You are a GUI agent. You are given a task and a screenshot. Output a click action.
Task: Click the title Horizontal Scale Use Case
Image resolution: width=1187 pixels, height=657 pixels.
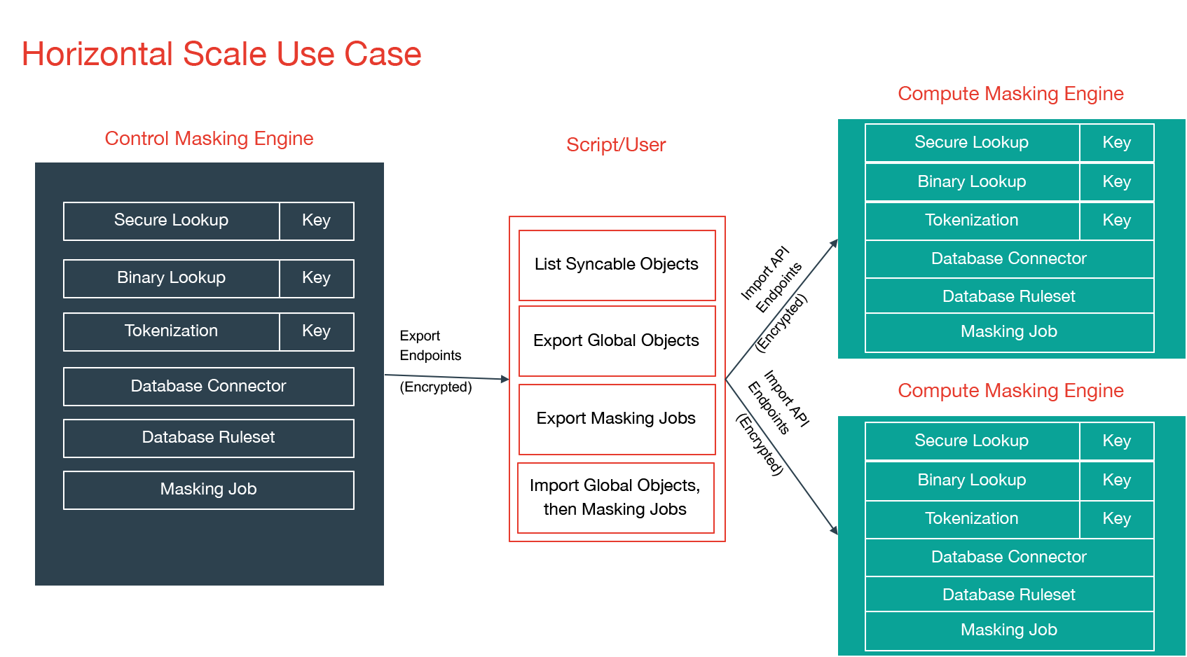pyautogui.click(x=221, y=55)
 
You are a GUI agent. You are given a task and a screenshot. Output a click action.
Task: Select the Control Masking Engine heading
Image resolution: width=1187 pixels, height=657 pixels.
pyautogui.click(x=209, y=139)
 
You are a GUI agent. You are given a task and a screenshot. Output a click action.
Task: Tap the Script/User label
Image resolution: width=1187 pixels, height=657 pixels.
pyautogui.click(x=616, y=145)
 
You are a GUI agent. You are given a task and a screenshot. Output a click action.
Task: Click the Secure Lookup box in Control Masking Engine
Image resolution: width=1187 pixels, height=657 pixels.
pyautogui.click(x=171, y=221)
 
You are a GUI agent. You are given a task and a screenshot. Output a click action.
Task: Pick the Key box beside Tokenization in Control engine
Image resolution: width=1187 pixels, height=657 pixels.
pyautogui.click(x=316, y=331)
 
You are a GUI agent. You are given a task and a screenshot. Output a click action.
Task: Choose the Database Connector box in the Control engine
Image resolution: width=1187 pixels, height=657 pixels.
pyautogui.click(x=208, y=386)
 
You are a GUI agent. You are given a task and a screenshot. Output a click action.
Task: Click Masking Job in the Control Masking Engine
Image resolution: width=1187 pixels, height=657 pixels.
pyautogui.click(x=208, y=490)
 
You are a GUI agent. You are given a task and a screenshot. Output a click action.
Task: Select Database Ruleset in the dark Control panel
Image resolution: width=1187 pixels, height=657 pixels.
pyautogui.click(x=208, y=438)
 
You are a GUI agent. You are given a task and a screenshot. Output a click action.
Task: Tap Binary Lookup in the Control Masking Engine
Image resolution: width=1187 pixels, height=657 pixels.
pyautogui.click(x=171, y=278)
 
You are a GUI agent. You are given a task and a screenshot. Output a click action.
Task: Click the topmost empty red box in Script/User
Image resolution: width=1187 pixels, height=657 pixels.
pyautogui.click(x=617, y=265)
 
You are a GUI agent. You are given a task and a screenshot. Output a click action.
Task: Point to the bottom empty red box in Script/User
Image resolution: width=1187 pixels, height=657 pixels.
pyautogui.click(x=615, y=498)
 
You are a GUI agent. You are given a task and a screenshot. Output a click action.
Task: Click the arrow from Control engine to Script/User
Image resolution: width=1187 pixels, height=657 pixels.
pyautogui.click(x=446, y=378)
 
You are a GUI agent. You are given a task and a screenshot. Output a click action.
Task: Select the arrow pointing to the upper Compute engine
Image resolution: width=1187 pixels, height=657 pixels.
pyautogui.click(x=781, y=309)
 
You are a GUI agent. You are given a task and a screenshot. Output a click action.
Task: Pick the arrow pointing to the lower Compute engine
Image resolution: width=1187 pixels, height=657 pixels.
pyautogui.click(x=781, y=456)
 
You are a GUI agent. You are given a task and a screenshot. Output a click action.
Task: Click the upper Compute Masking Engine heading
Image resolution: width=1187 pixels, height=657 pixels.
pyautogui.click(x=1010, y=94)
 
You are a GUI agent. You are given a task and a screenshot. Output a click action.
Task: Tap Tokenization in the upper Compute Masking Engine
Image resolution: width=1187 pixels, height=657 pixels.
pyautogui.click(x=971, y=221)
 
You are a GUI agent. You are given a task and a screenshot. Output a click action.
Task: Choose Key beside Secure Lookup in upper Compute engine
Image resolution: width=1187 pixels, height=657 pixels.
pyautogui.click(x=1116, y=143)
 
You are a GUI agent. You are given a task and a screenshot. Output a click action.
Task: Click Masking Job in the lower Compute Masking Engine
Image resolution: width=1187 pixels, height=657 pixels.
pyautogui.click(x=1008, y=630)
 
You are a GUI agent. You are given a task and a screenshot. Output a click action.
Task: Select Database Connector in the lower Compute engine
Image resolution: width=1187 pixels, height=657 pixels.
pyautogui.click(x=1008, y=558)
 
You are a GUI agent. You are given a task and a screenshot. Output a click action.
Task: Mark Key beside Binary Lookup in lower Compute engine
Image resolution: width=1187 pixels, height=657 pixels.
pyautogui.click(x=1116, y=480)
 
